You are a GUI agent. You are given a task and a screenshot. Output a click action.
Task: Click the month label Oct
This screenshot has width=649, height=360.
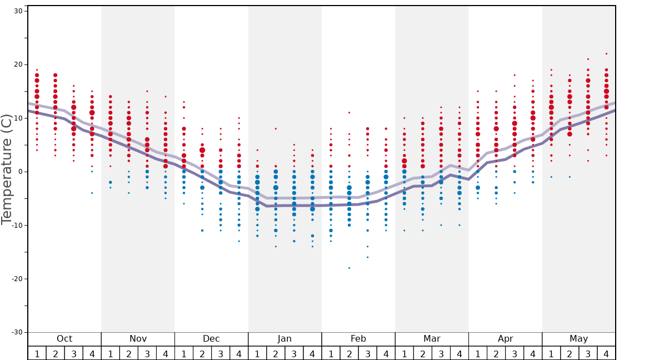(x=64, y=339)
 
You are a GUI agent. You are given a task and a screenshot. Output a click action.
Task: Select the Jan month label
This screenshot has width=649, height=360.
(x=284, y=339)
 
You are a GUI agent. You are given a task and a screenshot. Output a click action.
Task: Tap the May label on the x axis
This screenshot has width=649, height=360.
(x=578, y=339)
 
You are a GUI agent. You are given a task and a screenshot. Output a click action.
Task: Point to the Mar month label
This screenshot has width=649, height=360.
(x=432, y=339)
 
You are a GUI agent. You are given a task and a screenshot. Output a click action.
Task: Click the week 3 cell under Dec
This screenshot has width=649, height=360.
(x=221, y=353)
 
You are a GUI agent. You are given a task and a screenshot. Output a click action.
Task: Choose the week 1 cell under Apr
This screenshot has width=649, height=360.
(x=478, y=353)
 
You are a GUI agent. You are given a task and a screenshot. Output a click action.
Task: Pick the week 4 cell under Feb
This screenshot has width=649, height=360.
(x=386, y=353)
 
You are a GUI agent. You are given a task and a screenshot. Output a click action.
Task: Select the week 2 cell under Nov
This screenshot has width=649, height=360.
(x=129, y=353)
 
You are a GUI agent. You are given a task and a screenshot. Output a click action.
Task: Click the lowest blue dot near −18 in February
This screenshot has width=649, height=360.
(x=349, y=268)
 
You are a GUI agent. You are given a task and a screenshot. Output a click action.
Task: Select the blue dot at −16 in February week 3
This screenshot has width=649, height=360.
(x=367, y=257)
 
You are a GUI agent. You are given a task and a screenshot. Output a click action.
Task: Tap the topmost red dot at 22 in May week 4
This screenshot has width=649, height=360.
(x=606, y=54)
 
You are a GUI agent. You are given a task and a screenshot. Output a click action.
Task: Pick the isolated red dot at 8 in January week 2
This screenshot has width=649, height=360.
(x=276, y=129)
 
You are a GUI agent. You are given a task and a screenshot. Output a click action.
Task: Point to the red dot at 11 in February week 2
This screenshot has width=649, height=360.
(x=349, y=113)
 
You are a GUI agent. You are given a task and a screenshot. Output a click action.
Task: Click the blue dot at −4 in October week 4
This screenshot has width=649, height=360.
(x=92, y=193)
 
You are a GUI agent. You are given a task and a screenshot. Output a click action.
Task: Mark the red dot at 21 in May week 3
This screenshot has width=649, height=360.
(x=588, y=59)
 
